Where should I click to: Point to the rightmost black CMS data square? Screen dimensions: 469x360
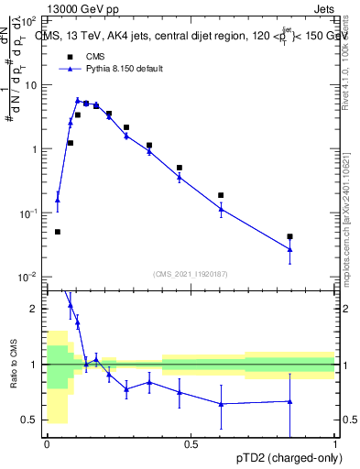[x=290, y=237]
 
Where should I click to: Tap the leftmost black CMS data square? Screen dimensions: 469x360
[x=58, y=232]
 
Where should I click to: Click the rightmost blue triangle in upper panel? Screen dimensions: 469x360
[x=290, y=249]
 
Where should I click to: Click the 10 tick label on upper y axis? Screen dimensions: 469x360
[x=31, y=84]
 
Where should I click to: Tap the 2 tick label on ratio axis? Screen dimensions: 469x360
[x=34, y=309]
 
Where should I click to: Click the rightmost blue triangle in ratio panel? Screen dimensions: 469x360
[x=290, y=401]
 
